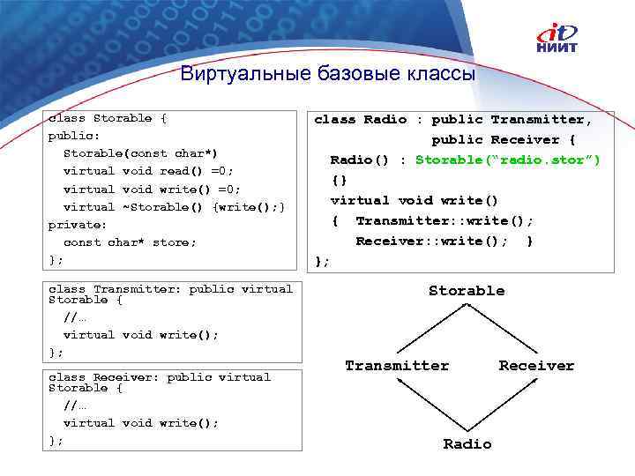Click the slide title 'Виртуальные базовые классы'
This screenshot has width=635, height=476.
coord(328,74)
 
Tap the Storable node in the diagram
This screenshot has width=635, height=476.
coord(467,291)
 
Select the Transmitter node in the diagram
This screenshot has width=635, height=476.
coord(397,365)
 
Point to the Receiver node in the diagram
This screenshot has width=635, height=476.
coord(536,365)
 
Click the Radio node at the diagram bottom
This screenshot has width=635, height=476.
coord(467,443)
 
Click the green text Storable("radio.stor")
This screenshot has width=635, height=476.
coord(508,160)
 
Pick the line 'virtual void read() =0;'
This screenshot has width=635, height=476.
coord(148,171)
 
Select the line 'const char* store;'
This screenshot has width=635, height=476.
coord(131,242)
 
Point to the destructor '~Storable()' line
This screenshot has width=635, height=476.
coord(176,206)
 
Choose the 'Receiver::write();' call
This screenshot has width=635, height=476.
coord(431,241)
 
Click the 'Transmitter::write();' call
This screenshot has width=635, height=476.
coord(444,220)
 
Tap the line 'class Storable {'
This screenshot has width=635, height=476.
coord(108,118)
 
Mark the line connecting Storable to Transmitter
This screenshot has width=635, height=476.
coord(430,326)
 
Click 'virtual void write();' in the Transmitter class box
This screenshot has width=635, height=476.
coord(141,335)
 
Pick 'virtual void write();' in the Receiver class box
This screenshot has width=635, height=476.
coord(141,423)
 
